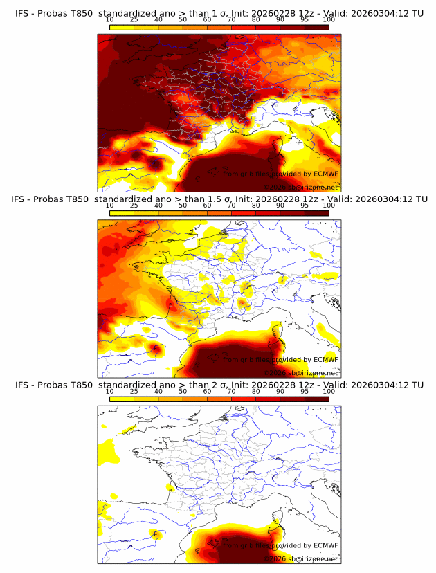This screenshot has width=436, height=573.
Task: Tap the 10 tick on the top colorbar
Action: click(x=110, y=19)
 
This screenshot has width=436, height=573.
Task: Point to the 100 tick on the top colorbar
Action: click(x=329, y=19)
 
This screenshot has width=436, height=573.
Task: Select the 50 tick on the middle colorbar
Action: click(x=183, y=205)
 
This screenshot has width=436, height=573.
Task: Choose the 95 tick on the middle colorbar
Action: click(x=305, y=205)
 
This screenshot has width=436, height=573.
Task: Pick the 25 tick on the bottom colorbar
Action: click(x=134, y=391)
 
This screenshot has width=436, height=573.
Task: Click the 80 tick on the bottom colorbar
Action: click(x=256, y=391)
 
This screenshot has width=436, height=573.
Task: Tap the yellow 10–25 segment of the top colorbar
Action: click(x=122, y=27)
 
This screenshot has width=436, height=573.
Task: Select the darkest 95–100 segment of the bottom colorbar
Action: click(x=316, y=399)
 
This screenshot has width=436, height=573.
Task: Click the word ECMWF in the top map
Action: click(x=325, y=174)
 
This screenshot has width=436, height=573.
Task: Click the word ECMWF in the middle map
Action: click(x=325, y=360)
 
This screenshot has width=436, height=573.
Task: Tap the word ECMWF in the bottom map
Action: click(x=325, y=546)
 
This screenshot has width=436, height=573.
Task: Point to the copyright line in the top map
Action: click(x=302, y=187)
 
